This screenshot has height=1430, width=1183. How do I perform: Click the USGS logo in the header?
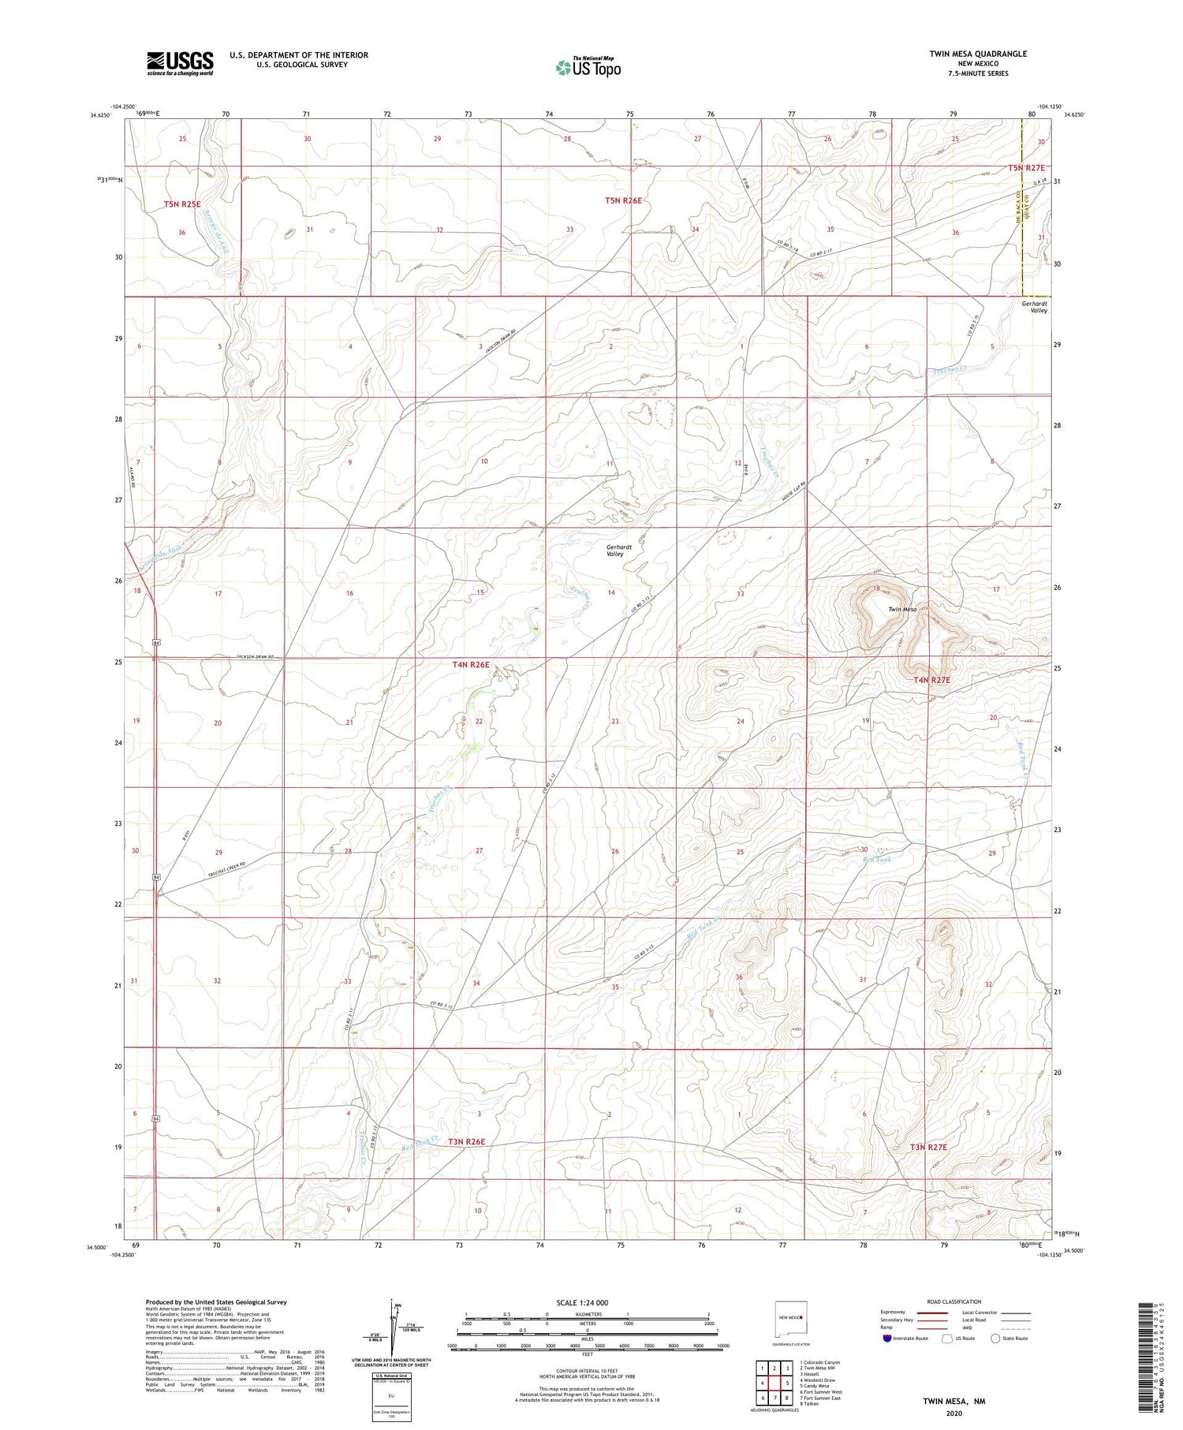(x=180, y=63)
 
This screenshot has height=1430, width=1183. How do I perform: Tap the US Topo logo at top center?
(x=588, y=68)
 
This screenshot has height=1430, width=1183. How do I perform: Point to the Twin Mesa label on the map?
(x=902, y=609)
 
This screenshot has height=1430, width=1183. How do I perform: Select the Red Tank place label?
(x=877, y=859)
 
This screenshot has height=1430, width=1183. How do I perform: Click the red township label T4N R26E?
(x=471, y=665)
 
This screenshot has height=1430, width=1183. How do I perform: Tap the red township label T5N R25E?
(x=182, y=204)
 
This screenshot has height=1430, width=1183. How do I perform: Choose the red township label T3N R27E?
(x=928, y=1147)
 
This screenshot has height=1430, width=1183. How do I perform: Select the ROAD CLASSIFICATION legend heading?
(x=954, y=1301)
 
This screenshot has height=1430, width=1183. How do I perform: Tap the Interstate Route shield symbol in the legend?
(x=887, y=1339)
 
